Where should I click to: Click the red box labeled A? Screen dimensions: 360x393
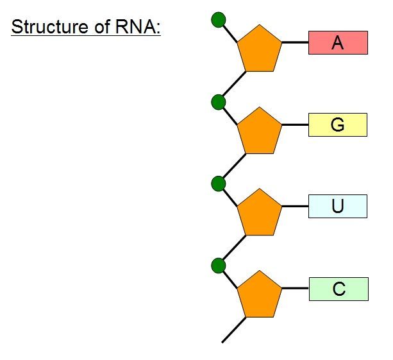[338, 42]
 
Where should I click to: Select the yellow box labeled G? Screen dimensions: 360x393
[338, 124]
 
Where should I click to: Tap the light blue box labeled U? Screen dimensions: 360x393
[338, 206]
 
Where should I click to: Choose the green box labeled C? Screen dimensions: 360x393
[338, 289]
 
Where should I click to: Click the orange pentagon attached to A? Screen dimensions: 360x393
[260, 49]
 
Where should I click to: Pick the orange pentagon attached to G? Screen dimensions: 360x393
[260, 132]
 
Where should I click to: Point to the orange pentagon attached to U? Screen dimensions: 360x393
[260, 213]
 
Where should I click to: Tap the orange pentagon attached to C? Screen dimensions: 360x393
[260, 295]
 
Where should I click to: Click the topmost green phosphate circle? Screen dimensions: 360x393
[219, 20]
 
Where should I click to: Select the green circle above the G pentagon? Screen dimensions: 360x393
[219, 101]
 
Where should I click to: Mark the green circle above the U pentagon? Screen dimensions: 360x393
[219, 184]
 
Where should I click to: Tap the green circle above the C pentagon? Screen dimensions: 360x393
[219, 265]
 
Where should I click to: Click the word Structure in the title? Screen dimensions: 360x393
[47, 28]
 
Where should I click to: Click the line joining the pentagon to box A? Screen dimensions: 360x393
[295, 42]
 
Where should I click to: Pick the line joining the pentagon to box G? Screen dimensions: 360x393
[295, 124]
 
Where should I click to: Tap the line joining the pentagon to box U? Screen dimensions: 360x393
[295, 206]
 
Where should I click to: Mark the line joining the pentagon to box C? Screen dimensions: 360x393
[295, 289]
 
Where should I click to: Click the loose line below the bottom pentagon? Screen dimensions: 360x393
[233, 330]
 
